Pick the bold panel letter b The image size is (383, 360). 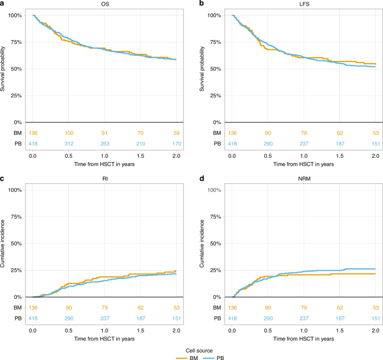202,4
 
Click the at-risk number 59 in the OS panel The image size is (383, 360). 176,133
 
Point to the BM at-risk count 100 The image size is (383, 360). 69,133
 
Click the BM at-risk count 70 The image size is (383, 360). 140,133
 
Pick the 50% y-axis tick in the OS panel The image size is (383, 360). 17,69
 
